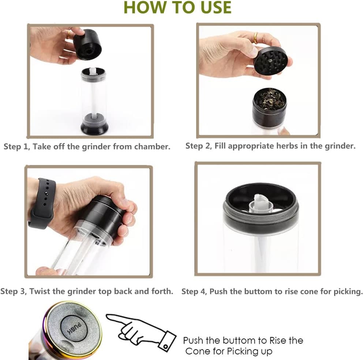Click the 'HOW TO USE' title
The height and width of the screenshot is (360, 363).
click(177, 7)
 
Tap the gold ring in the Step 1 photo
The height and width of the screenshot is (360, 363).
click(69, 35)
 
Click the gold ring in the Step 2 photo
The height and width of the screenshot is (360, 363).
click(255, 38)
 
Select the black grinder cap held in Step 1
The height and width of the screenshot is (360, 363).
click(88, 44)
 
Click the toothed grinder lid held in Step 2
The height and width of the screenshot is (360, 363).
click(271, 61)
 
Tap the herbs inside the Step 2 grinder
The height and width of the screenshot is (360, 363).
click(269, 99)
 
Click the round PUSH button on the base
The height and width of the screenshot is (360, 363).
click(74, 328)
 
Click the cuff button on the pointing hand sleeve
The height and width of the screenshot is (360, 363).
click(165, 346)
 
